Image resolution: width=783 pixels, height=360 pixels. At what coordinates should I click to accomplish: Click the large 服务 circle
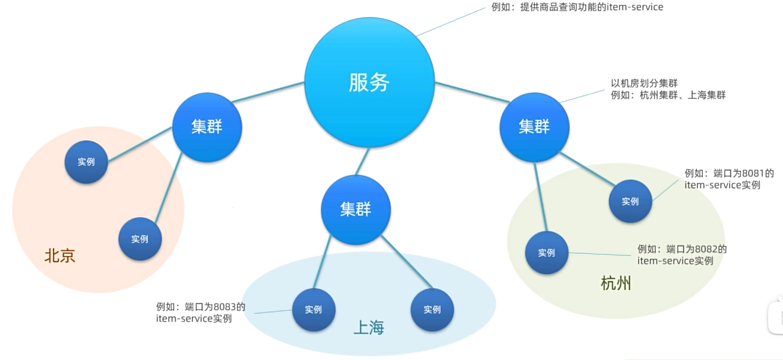(369, 82)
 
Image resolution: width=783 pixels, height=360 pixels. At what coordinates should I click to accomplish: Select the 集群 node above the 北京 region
(207, 127)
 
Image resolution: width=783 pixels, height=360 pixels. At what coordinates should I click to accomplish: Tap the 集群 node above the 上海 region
(356, 209)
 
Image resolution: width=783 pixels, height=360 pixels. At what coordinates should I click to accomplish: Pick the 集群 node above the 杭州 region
(534, 127)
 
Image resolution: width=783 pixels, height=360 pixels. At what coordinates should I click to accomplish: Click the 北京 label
(60, 256)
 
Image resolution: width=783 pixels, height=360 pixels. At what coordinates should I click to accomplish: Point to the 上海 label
(368, 327)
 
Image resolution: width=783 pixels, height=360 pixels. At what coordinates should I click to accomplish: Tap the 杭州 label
(616, 283)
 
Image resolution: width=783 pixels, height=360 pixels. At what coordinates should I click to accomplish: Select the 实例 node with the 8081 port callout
(630, 202)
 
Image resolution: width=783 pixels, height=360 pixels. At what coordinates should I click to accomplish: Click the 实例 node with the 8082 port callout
(547, 253)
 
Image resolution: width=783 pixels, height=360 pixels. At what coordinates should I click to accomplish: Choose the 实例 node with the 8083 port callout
(314, 310)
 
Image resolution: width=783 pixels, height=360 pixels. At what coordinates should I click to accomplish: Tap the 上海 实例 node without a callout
(432, 310)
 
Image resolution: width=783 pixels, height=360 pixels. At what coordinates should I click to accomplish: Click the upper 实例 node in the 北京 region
(86, 162)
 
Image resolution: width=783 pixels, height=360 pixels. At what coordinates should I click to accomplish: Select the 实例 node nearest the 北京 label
(140, 239)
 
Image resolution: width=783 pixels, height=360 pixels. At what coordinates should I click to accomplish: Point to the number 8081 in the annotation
(753, 173)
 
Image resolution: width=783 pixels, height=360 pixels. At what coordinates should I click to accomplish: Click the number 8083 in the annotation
(225, 307)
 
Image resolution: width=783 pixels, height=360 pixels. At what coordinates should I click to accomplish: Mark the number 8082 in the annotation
(706, 249)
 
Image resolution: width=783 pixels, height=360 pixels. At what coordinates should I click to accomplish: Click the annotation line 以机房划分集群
(644, 83)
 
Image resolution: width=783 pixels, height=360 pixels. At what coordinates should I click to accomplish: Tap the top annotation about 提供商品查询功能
(577, 7)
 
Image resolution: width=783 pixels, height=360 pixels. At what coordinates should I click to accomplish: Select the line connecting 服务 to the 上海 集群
(362, 162)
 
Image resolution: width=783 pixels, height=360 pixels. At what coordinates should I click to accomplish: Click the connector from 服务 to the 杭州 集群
(472, 93)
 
